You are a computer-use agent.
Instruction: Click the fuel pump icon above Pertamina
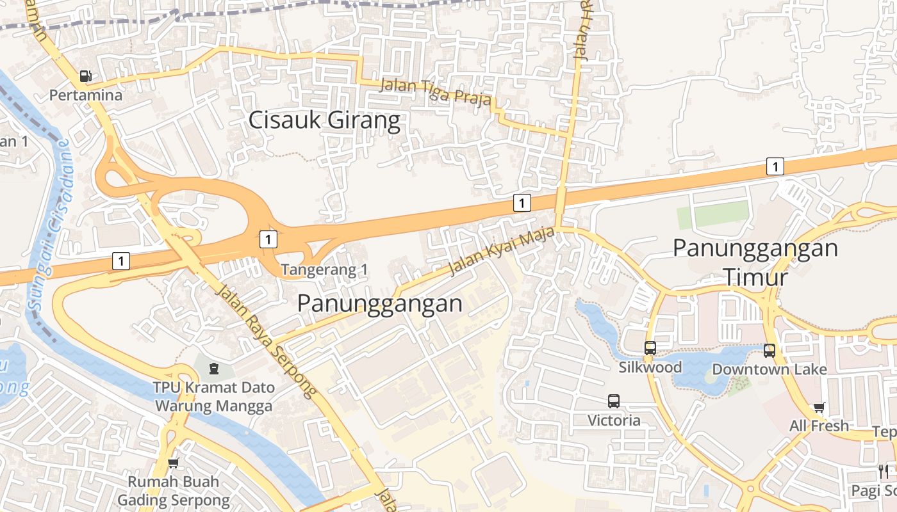point(85,76)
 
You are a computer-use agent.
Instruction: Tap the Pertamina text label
point(86,95)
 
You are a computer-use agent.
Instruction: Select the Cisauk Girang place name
point(324,120)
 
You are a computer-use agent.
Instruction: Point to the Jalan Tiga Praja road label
point(436,92)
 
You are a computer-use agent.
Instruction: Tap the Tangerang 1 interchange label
point(325,270)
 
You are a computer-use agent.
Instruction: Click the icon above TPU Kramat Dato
point(213,369)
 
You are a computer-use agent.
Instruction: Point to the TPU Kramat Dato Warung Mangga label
point(213,397)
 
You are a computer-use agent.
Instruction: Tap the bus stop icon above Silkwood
point(650,348)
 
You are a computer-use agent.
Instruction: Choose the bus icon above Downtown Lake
point(769,350)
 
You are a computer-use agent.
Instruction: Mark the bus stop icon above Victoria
point(614,401)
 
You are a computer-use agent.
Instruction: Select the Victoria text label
point(614,420)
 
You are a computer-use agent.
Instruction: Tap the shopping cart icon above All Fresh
point(819,407)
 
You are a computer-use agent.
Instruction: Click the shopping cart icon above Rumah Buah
point(173,463)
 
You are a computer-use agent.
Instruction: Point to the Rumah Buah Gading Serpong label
point(173,491)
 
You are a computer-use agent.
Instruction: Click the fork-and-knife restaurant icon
point(884,472)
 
